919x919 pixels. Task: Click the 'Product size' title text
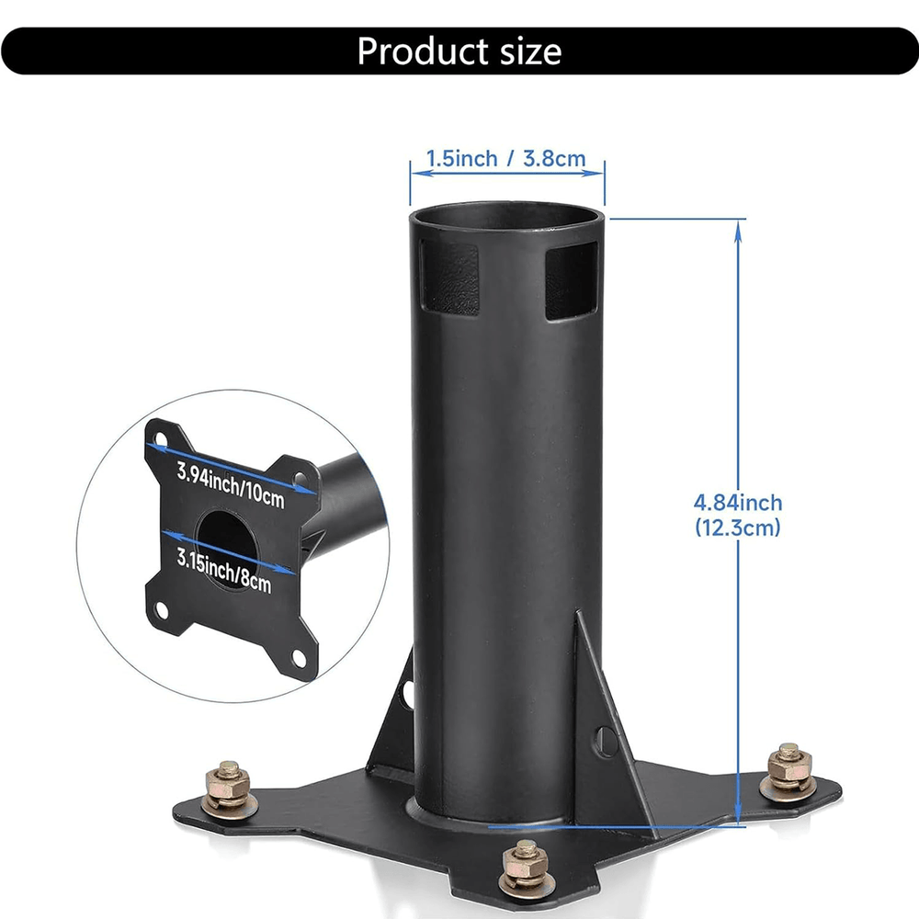coord(459,51)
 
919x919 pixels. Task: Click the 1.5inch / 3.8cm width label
coord(505,159)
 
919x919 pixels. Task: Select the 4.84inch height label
coord(737,503)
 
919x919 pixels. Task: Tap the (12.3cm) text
coord(737,528)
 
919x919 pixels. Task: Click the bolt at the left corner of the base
coord(228,785)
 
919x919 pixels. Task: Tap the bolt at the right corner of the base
coord(789,770)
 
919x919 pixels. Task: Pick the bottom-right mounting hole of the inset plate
coord(297,656)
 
